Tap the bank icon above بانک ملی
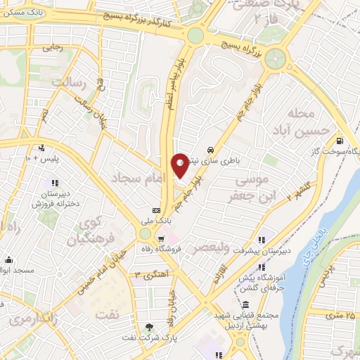click(156, 210)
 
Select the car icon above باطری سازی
click(211, 150)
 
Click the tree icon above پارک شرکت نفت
click(149, 328)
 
